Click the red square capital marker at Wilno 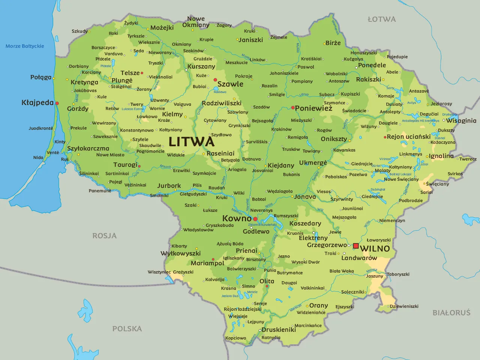click(356, 246)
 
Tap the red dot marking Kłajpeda click(57, 103)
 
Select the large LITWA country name click(192, 142)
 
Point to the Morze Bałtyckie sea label click(25, 46)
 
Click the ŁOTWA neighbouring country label click(381, 19)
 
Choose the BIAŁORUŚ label click(451, 313)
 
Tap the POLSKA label click(127, 329)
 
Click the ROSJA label click(105, 236)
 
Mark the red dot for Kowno click(255, 219)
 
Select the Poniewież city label click(313, 108)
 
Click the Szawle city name click(230, 84)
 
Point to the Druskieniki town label click(279, 330)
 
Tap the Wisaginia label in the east click(461, 121)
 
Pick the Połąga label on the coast click(41, 77)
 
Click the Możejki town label click(162, 28)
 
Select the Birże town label click(333, 43)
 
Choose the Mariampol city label click(207, 263)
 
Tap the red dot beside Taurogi click(139, 166)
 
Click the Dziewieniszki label click(404, 306)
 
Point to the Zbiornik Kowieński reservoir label click(262, 225)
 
